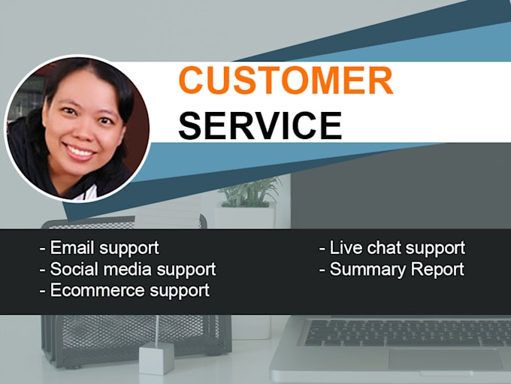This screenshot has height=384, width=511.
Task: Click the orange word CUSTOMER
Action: click(x=286, y=81)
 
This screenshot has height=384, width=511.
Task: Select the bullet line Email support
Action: click(x=99, y=248)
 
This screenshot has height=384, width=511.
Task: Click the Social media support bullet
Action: click(x=128, y=269)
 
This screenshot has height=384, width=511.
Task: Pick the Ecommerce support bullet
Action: click(x=125, y=290)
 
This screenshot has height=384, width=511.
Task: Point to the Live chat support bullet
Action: click(x=392, y=248)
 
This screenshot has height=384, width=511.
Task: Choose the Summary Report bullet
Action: click(x=392, y=269)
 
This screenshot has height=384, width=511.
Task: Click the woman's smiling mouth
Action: click(x=80, y=150)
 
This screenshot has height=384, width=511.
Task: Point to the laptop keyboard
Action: click(x=406, y=331)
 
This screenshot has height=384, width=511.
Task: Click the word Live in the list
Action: click(x=345, y=248)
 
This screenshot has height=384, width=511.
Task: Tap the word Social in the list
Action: click(x=71, y=269)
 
